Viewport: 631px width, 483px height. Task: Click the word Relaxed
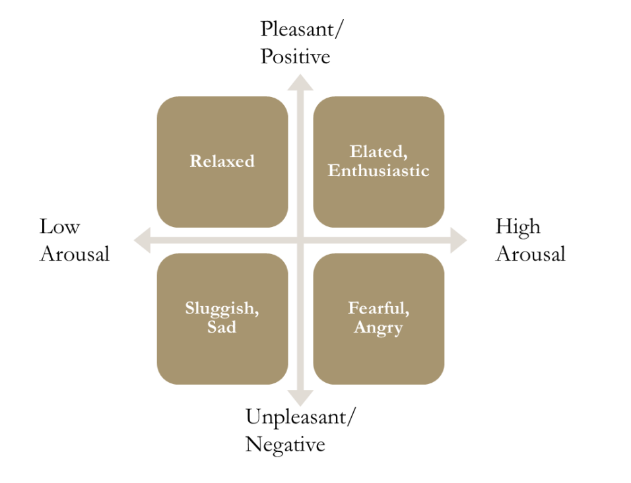tap(222, 162)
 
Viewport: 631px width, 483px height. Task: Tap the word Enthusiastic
tap(378, 171)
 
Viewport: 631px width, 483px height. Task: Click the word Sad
tap(222, 327)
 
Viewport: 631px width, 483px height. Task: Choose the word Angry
tap(378, 327)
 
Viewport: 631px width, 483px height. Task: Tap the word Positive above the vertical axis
tap(295, 57)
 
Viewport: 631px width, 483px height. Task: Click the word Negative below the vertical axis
tap(285, 444)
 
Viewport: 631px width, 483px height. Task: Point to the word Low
tap(59, 227)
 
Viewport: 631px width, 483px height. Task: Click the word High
tap(518, 227)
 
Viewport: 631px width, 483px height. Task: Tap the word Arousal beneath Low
tap(75, 254)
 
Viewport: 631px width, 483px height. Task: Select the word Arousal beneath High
tap(531, 254)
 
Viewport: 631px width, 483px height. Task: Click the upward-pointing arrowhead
tap(300, 82)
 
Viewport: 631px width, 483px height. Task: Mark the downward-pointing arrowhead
tap(300, 399)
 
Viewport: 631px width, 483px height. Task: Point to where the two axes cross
tap(300, 240)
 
